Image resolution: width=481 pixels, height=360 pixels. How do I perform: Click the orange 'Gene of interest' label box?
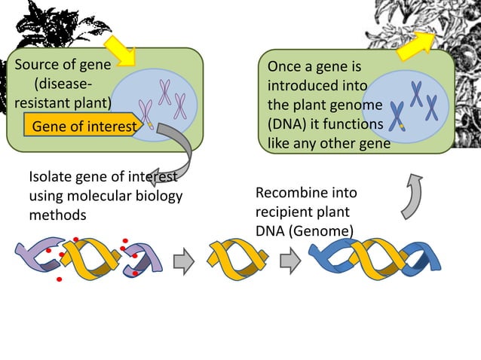[81, 126]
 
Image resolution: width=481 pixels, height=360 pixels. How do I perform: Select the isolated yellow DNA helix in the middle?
[237, 259]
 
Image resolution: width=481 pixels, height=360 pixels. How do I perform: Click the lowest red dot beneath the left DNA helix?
[59, 280]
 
